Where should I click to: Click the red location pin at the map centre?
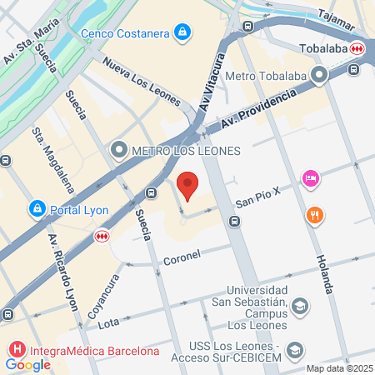click(x=189, y=186)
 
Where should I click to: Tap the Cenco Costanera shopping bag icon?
click(x=182, y=33)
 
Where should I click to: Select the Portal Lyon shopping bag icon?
click(x=37, y=208)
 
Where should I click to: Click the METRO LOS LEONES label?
click(x=177, y=151)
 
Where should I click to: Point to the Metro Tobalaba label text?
click(x=272, y=77)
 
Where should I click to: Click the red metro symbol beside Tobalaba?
click(x=357, y=48)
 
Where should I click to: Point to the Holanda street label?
click(x=323, y=271)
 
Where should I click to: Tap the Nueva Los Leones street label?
click(x=141, y=82)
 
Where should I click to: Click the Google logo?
click(x=27, y=364)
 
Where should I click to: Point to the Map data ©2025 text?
click(x=337, y=368)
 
